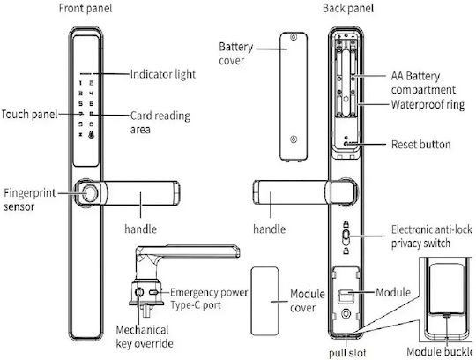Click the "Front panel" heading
(x=86, y=8)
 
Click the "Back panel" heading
(x=348, y=8)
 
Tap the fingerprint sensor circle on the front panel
(x=90, y=193)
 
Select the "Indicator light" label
(x=163, y=74)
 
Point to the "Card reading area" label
(x=160, y=123)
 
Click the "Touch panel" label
(x=29, y=115)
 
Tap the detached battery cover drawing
(x=294, y=96)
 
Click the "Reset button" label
(x=420, y=145)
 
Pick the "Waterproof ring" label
(x=428, y=104)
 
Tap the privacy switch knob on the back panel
(x=346, y=237)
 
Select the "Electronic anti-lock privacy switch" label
(x=431, y=236)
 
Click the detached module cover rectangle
(x=264, y=301)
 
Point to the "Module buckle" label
(x=440, y=352)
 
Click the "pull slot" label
(x=347, y=353)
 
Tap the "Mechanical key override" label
(x=145, y=337)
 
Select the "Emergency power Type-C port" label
(x=209, y=298)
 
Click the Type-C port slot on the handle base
(x=153, y=292)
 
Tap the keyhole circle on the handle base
(x=139, y=292)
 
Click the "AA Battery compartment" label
(x=423, y=83)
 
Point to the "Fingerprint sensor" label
(x=30, y=200)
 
